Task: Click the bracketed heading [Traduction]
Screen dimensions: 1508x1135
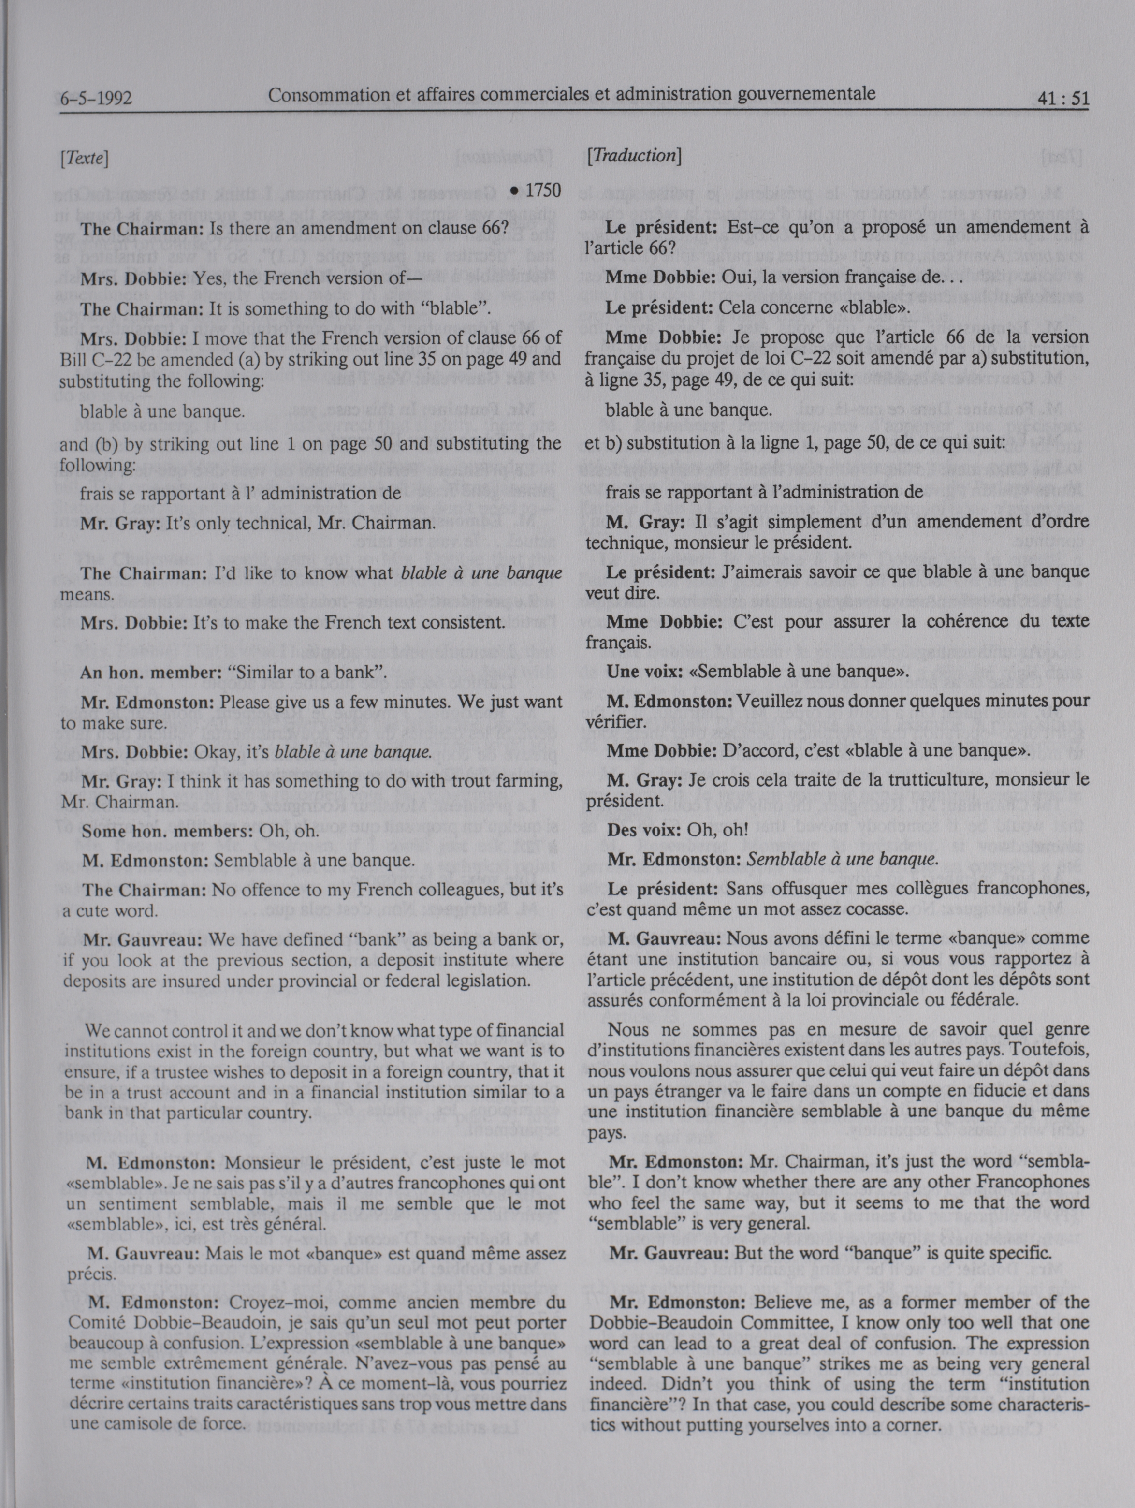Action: [634, 155]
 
